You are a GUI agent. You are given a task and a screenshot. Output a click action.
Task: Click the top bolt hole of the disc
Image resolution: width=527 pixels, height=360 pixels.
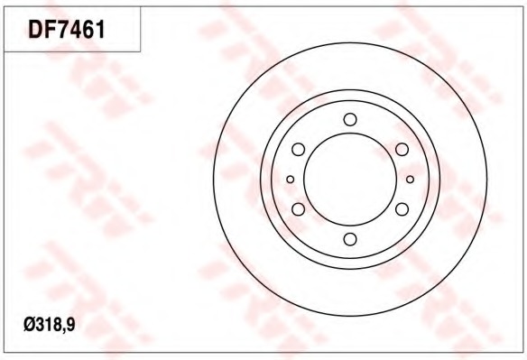[350, 119]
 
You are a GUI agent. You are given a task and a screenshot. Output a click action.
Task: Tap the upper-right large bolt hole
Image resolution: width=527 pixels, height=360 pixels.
[402, 149]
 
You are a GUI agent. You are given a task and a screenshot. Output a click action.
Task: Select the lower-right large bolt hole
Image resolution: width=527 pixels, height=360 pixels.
[402, 209]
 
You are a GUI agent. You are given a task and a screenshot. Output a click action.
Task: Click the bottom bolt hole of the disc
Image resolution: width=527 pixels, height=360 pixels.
[350, 239]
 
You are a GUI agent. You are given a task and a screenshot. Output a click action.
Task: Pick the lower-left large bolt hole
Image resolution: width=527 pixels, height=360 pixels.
[298, 209]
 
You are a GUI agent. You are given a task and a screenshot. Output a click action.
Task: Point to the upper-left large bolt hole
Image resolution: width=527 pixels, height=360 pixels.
[298, 149]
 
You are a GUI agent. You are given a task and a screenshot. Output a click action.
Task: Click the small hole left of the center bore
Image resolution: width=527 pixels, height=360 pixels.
[290, 180]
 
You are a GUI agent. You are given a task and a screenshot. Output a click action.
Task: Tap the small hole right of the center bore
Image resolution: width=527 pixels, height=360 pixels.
[410, 180]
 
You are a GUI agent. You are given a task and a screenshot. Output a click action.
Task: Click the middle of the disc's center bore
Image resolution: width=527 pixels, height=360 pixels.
[350, 180]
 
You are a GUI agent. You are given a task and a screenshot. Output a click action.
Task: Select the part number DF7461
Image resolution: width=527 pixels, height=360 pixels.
[67, 29]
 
